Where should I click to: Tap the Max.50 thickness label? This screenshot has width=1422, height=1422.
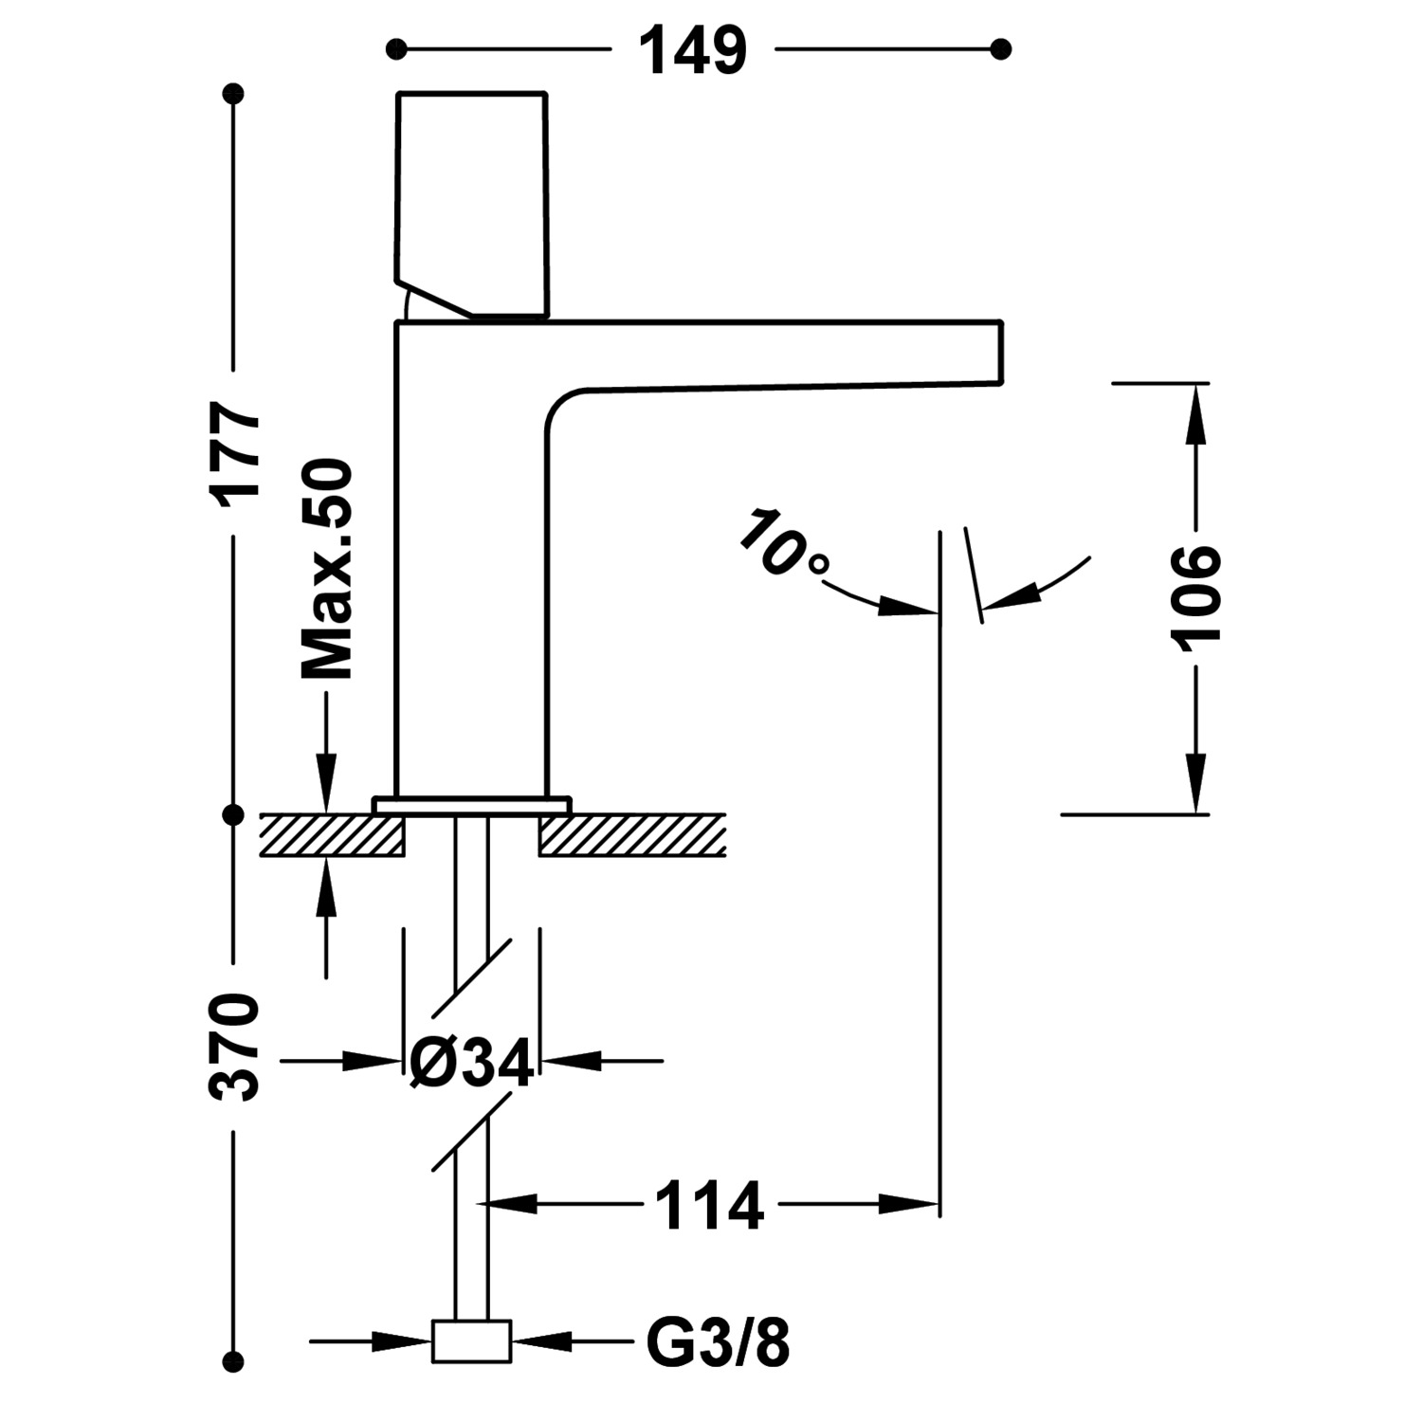tap(327, 570)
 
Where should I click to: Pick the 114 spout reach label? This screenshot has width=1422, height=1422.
tap(709, 1206)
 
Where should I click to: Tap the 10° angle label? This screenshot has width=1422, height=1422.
tap(782, 545)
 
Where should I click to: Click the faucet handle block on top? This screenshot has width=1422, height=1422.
tap(472, 199)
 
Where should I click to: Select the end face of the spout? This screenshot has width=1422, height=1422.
tap(1000, 353)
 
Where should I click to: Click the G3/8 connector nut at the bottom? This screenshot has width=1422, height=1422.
tap(471, 1341)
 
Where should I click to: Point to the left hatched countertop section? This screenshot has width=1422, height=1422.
tap(332, 835)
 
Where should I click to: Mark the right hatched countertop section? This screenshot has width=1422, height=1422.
tap(631, 835)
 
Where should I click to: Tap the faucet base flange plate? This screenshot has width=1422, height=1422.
tap(472, 805)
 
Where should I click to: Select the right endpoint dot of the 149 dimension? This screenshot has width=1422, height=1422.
tap(1000, 49)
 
